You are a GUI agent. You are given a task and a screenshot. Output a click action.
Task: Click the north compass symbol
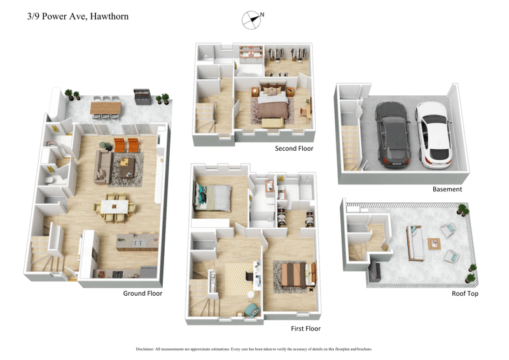pos(252,20)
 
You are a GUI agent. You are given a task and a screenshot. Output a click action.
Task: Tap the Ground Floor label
pos(143,293)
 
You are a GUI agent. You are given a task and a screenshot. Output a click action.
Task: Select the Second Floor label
pos(294,149)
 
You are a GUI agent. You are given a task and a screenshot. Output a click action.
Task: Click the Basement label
pos(447,189)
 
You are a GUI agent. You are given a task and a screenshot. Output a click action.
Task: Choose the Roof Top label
pos(465,293)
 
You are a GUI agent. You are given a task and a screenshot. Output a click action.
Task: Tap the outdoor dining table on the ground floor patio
pos(105,108)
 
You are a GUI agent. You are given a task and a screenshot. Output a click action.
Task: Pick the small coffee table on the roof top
pos(435,243)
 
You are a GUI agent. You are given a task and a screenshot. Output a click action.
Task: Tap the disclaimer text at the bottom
pos(254,349)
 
